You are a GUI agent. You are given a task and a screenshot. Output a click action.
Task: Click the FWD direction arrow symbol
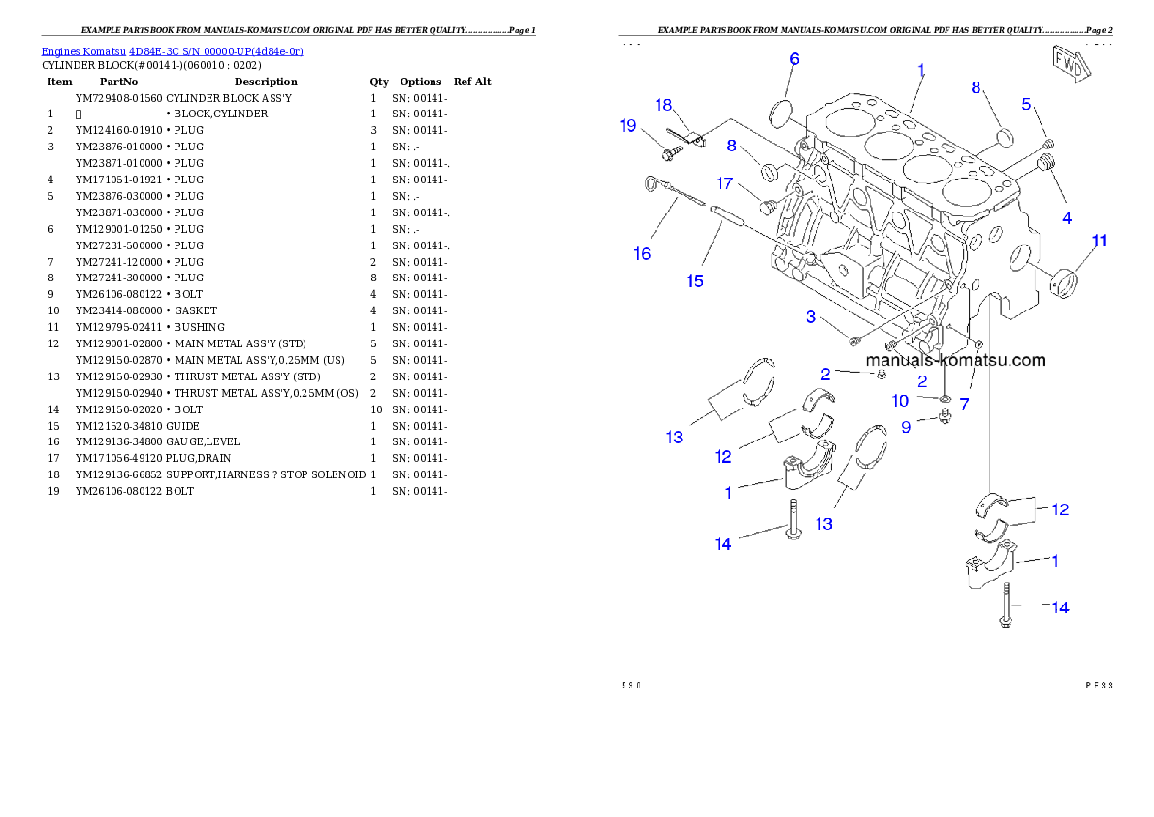pos(1072,64)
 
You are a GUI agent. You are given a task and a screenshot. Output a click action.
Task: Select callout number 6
pos(794,59)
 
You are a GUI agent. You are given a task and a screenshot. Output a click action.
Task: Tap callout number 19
pos(628,125)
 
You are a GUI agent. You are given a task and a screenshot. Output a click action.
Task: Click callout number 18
pos(663,105)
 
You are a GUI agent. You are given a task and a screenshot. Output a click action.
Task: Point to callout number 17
pos(724,182)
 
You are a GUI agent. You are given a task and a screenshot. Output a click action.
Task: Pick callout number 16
pos(642,254)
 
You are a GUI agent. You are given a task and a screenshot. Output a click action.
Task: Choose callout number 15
pos(694,281)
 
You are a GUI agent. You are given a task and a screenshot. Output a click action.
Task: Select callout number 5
pos(1026,105)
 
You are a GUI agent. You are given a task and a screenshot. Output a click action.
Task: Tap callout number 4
pos(1067,218)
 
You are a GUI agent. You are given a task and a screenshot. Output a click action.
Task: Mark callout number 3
pos(809,317)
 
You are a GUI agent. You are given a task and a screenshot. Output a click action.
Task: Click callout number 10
pos(900,401)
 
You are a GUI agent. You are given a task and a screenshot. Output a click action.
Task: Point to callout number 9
pos(906,426)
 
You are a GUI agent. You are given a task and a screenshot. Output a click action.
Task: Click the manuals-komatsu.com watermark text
pos(955,360)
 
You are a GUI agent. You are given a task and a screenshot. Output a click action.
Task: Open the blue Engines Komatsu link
pos(172,50)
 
